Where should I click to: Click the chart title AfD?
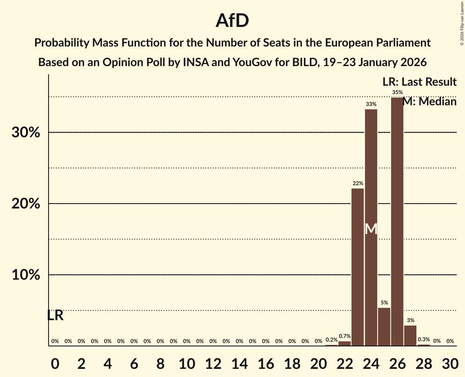point(232,21)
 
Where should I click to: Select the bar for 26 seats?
point(397,222)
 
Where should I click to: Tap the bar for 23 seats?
point(358,267)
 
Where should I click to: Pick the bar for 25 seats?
point(384,326)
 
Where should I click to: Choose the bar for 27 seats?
point(410,335)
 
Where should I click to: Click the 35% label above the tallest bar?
point(397,93)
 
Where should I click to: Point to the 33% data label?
point(371,104)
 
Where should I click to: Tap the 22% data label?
point(358,184)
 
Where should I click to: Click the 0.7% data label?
point(345,336)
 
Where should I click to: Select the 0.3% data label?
point(424,339)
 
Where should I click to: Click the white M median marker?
point(371,229)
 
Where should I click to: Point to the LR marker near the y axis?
point(55,315)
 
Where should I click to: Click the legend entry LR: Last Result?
point(419,82)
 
